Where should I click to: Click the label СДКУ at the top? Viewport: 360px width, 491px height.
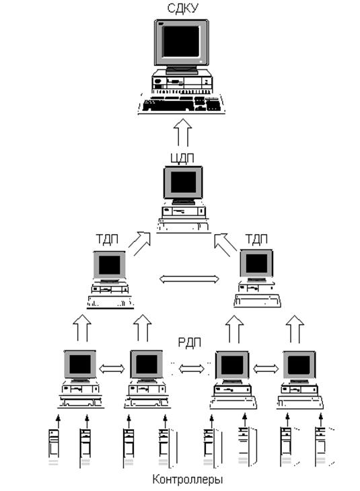(x=182, y=8)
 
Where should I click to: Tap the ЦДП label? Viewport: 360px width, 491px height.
(x=182, y=158)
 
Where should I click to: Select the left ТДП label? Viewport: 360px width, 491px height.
(x=107, y=239)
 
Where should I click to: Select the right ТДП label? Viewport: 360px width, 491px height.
(x=256, y=239)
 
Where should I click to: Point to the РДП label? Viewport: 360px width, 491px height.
(x=189, y=342)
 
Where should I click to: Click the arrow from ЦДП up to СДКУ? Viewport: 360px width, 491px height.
(x=183, y=133)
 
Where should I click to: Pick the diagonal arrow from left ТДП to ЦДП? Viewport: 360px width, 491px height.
(x=140, y=243)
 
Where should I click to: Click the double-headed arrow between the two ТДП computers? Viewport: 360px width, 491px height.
(x=189, y=279)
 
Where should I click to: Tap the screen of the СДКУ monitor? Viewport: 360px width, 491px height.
(x=181, y=41)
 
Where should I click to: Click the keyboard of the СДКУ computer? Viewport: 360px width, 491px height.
(x=181, y=104)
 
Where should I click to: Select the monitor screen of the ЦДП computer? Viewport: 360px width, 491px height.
(x=183, y=182)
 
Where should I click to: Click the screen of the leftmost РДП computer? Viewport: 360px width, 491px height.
(x=80, y=365)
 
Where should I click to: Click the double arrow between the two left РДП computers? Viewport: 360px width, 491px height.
(x=112, y=369)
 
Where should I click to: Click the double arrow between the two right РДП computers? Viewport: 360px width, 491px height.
(x=266, y=369)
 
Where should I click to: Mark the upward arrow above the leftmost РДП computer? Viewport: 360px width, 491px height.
(x=82, y=328)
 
